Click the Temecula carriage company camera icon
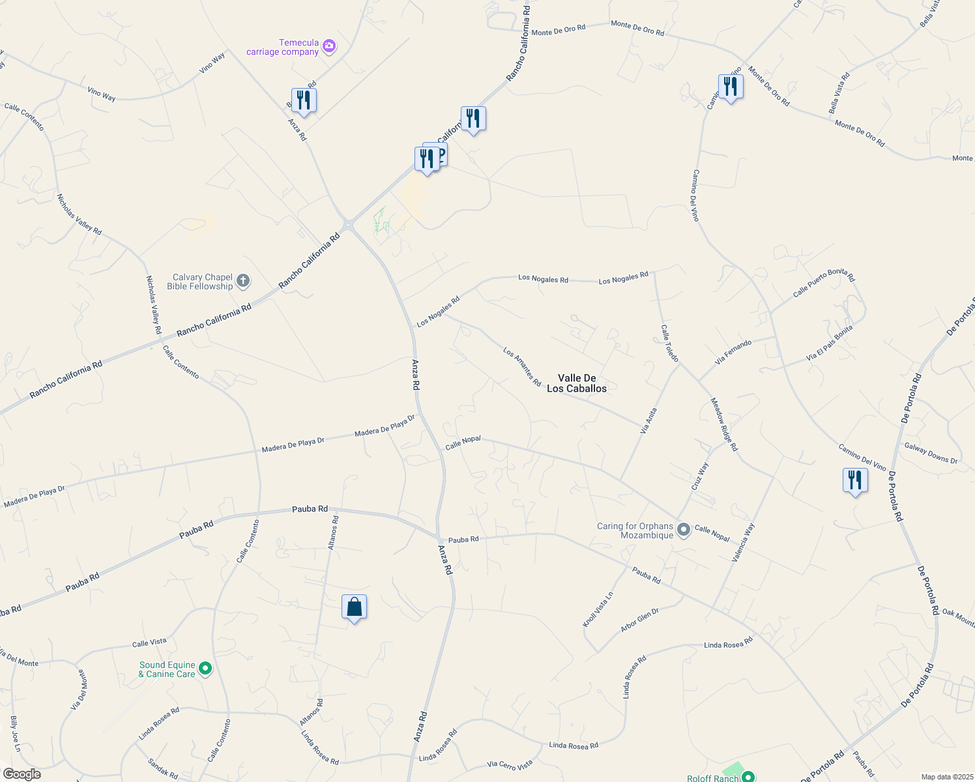point(329,46)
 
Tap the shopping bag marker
point(354,607)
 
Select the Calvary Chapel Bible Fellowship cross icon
point(242,282)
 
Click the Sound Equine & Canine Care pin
point(205,669)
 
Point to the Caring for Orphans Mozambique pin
point(683,530)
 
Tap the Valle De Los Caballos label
point(577,383)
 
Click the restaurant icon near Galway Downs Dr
point(854,480)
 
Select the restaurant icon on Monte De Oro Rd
point(731,87)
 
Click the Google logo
point(22,774)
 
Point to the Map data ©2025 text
point(946,777)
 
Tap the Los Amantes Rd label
point(522,366)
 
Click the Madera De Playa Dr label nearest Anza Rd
point(385,426)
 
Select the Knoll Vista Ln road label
point(598,610)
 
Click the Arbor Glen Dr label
point(639,620)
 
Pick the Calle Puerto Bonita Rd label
point(823,283)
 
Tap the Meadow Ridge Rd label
point(723,424)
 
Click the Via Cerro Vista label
point(510,764)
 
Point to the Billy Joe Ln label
point(15,734)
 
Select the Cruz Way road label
point(699,476)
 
